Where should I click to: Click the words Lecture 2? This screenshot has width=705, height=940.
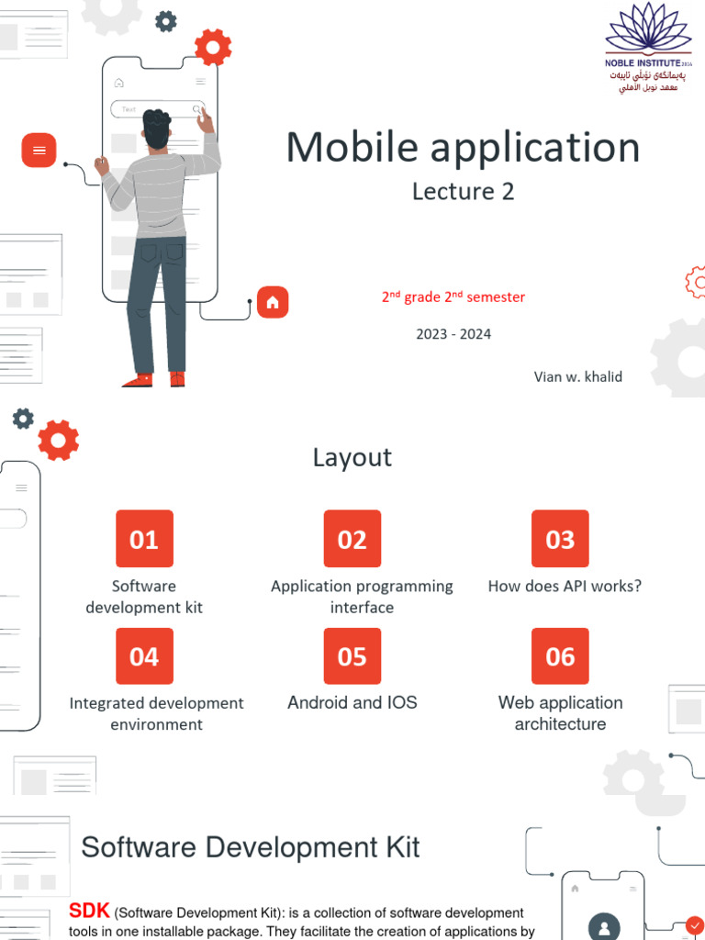tap(463, 191)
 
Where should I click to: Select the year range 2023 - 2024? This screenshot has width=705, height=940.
tap(453, 334)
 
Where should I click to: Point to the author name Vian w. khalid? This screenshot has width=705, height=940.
tap(578, 376)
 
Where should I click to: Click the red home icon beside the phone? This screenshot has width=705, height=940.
tap(273, 302)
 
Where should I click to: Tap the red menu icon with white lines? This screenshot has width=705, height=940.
tap(39, 150)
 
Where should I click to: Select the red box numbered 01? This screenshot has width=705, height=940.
tap(144, 539)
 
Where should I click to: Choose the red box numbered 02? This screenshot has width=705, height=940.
tap(352, 539)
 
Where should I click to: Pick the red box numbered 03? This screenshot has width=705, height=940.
tap(560, 539)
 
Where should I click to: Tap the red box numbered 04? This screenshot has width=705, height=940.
tap(144, 656)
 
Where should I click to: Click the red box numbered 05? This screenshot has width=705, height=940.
tap(352, 656)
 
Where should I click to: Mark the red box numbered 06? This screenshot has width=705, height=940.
tap(560, 656)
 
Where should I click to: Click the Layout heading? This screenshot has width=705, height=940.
tap(352, 457)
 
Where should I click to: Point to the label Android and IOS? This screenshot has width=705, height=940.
tap(352, 702)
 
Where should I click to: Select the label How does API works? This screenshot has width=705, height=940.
tap(565, 586)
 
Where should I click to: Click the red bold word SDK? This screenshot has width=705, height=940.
tap(89, 911)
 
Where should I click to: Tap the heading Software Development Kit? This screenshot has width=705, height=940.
tap(251, 846)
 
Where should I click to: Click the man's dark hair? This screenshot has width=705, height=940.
tap(157, 126)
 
